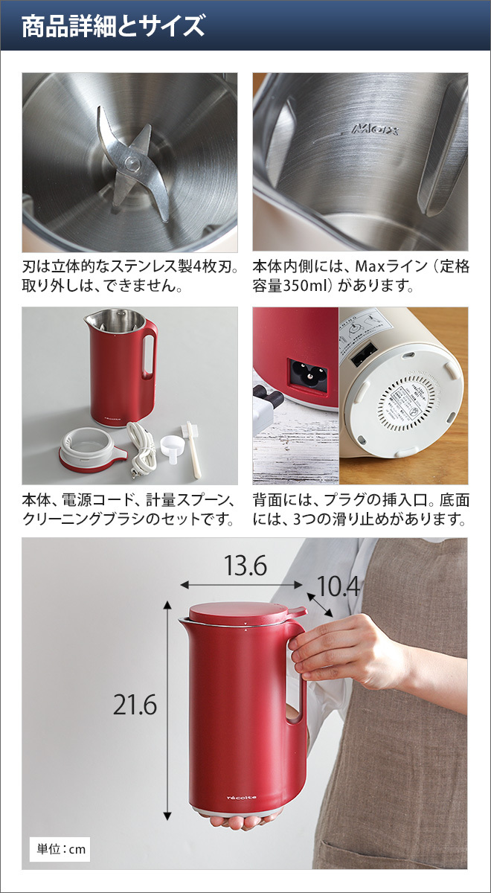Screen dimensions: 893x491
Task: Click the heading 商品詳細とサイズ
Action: coord(112,27)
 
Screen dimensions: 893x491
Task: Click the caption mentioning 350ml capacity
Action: coord(361,276)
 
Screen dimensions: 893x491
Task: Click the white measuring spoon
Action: coord(172,446)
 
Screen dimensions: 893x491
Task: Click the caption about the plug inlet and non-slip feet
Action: coord(361,510)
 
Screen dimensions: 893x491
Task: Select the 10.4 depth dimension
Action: coord(338,587)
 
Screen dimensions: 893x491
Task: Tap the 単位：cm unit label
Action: coord(62,848)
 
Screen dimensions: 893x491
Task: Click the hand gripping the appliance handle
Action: coord(335,651)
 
